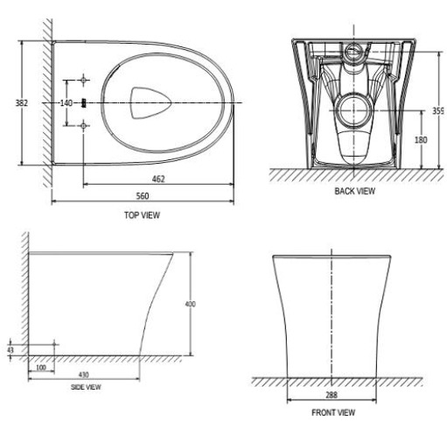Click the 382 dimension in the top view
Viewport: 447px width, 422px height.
click(x=22, y=103)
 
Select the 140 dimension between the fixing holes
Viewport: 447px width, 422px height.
click(x=66, y=103)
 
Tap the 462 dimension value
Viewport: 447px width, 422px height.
click(x=158, y=179)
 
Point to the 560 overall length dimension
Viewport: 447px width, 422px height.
click(x=143, y=196)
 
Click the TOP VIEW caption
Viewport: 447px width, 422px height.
click(x=142, y=215)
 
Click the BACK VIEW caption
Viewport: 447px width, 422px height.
click(x=355, y=191)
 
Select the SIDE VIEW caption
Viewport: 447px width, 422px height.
click(x=86, y=387)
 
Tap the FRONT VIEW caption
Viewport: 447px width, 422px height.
click(x=333, y=412)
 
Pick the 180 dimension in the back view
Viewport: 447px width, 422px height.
click(x=421, y=140)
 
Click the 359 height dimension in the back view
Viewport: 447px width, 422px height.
click(x=438, y=110)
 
